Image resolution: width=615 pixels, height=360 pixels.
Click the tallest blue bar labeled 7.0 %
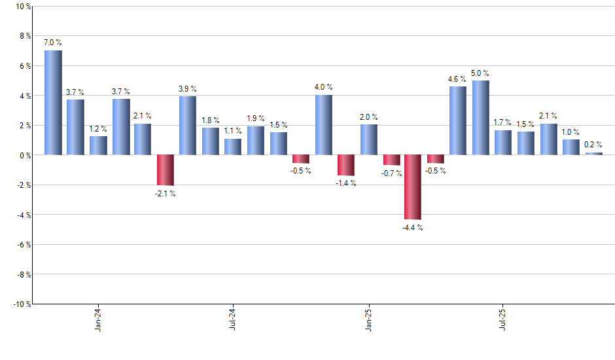point(53,103)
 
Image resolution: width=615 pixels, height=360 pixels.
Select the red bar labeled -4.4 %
point(413,187)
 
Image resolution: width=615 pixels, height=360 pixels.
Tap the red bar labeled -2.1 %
point(166,170)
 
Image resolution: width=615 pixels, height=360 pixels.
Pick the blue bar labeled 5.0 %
point(480,118)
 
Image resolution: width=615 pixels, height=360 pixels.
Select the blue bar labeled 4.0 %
point(323,125)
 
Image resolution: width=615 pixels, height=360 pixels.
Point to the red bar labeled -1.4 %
point(345,166)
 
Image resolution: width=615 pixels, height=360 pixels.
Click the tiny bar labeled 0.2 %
point(593,154)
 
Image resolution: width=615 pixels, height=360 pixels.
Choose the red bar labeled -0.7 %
point(391,160)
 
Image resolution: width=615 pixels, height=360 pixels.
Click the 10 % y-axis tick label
point(22,7)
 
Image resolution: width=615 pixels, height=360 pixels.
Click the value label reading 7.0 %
point(53,43)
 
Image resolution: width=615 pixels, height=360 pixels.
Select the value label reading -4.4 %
point(413,228)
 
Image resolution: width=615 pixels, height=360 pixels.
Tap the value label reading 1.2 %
point(98,129)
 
